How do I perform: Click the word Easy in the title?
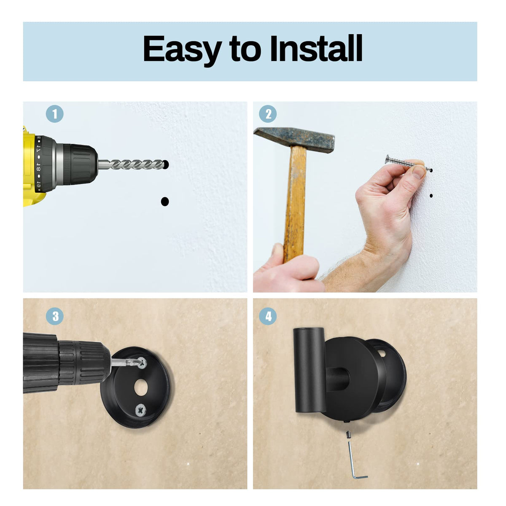[x=182, y=49]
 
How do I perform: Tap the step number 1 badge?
[x=54, y=114]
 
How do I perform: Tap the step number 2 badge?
[x=268, y=114]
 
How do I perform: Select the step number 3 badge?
[x=54, y=316]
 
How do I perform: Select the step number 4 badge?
[x=268, y=316]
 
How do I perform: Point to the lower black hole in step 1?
[x=165, y=202]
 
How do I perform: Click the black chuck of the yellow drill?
[x=80, y=164]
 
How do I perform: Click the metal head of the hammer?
[x=295, y=139]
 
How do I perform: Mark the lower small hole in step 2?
[x=431, y=196]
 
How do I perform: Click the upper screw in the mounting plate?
[x=142, y=361]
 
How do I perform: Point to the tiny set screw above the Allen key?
[x=348, y=433]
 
